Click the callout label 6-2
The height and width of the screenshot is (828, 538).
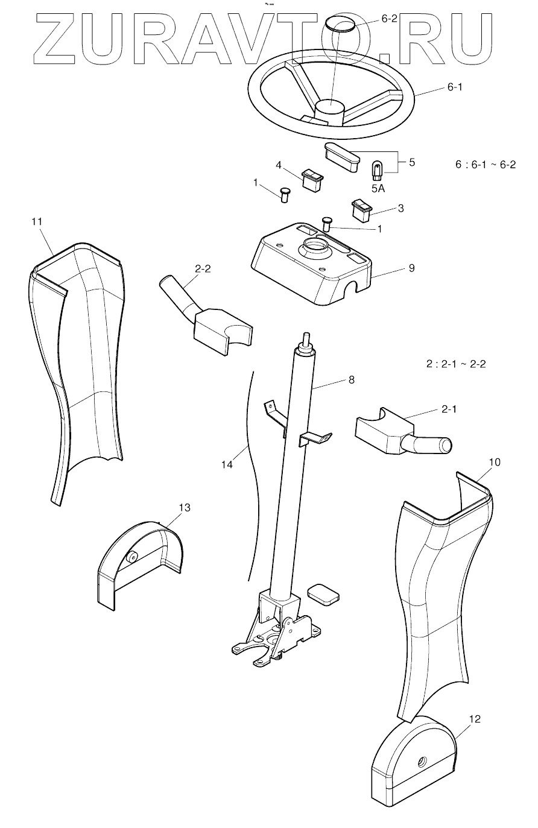[x=389, y=19]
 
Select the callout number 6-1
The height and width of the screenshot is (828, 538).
[x=455, y=87]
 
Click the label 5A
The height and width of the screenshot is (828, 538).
[x=378, y=188]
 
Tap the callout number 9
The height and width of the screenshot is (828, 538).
[x=412, y=268]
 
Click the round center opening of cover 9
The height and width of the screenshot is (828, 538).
[x=315, y=246]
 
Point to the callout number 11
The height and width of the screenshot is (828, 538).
[x=37, y=222]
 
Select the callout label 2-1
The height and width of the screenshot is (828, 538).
[x=449, y=409]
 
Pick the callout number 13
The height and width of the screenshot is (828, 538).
[x=185, y=508]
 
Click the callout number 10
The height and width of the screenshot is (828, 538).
[x=495, y=462]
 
